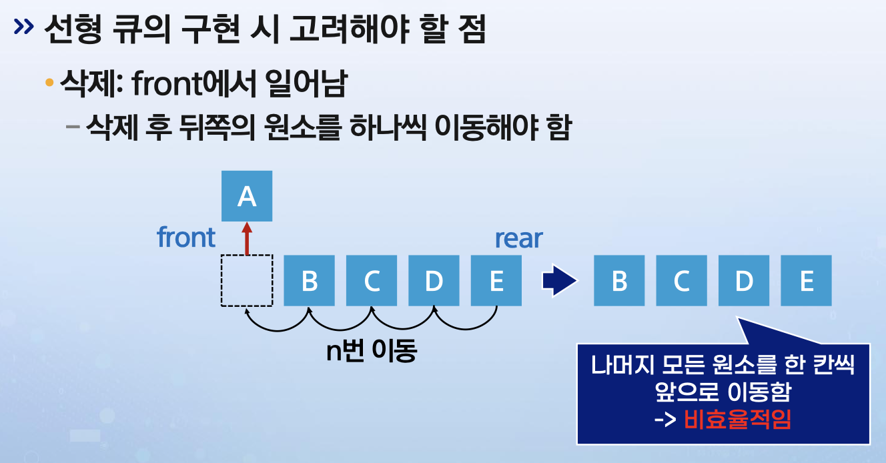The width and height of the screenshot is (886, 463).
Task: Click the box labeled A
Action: click(247, 196)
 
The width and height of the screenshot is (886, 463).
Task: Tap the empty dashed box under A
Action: click(247, 281)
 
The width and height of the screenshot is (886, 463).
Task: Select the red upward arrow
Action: click(247, 238)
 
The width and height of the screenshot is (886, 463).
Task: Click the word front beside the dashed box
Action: click(186, 238)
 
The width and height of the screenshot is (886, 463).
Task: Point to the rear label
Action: click(518, 238)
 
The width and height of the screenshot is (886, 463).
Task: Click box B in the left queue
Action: click(310, 281)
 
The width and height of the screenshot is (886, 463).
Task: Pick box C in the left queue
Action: click(372, 281)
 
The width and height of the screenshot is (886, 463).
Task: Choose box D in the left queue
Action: click(434, 281)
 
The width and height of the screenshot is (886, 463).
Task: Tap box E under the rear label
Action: click(496, 281)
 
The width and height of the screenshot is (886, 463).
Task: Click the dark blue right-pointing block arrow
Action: click(558, 281)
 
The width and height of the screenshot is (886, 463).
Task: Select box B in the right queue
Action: click(619, 281)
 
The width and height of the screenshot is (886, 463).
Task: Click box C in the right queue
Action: click(681, 281)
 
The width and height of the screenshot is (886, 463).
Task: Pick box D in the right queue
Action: click(744, 281)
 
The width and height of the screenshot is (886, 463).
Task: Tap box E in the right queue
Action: click(806, 281)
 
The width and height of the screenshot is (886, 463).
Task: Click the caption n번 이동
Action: click(371, 351)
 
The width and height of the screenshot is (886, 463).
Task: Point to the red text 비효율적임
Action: click(737, 420)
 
